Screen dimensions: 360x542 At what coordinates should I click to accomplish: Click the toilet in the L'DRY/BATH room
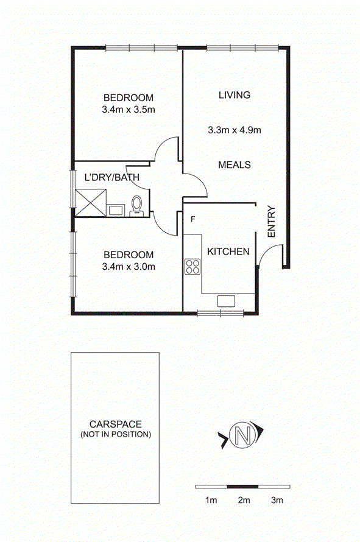tap(136, 206)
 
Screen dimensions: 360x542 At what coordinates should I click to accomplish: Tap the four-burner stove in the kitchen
tap(192, 267)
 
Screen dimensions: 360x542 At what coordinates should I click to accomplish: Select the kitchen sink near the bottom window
tap(226, 301)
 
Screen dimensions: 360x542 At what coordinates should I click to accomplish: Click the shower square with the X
tap(91, 203)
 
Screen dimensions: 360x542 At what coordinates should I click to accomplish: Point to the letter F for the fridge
tap(193, 219)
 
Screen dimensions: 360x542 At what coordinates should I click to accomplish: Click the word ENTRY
tap(272, 222)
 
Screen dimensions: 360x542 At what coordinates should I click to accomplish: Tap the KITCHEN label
tap(228, 252)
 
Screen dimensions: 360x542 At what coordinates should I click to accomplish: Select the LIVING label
tap(235, 95)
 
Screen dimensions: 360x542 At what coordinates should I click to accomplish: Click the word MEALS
tap(235, 164)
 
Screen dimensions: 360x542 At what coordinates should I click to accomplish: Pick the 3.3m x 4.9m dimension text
tap(235, 130)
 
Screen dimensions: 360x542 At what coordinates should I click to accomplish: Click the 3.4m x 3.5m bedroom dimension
tap(129, 110)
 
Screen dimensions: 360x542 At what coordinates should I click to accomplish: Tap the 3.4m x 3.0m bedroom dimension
tap(129, 267)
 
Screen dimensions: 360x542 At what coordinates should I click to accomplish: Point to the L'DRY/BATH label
tap(112, 177)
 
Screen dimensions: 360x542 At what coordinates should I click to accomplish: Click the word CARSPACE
tap(116, 424)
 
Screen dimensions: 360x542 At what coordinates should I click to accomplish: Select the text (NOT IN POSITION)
tap(116, 434)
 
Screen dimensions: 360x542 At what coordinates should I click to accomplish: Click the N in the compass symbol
tap(243, 434)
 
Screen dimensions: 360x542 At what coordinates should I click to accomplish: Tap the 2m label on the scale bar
tap(244, 500)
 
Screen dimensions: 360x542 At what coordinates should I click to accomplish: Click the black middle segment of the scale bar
tap(243, 487)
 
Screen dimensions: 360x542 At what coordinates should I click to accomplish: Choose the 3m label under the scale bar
tap(277, 500)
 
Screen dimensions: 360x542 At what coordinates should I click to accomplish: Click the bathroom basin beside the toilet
tap(116, 210)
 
